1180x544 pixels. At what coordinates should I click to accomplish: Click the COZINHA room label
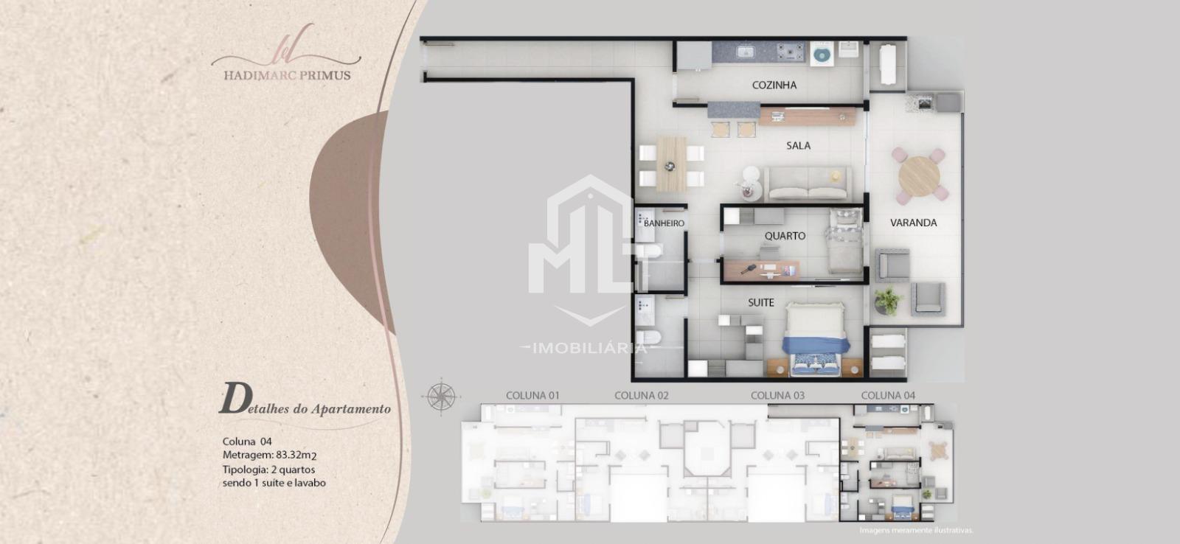(x=774, y=85)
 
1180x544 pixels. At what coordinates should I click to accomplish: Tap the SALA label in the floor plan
(x=798, y=146)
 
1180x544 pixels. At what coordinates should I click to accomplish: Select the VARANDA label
(x=914, y=223)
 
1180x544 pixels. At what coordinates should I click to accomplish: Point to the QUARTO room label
(x=785, y=236)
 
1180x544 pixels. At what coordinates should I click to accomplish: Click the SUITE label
(x=760, y=303)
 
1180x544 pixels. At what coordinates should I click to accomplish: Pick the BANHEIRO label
(x=664, y=223)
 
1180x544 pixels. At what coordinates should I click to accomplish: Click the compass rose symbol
(x=442, y=397)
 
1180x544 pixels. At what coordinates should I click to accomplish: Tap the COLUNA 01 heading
(x=532, y=396)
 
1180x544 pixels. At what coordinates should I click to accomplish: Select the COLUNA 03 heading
(x=777, y=396)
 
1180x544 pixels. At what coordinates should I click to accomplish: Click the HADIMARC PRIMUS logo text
(x=287, y=75)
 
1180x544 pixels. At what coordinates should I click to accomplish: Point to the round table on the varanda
(x=919, y=177)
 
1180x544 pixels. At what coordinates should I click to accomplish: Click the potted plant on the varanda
(x=887, y=301)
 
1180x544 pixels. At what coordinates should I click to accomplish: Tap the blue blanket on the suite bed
(x=816, y=345)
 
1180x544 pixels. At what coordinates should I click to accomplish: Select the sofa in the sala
(x=808, y=184)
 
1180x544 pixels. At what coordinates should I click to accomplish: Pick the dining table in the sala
(x=672, y=164)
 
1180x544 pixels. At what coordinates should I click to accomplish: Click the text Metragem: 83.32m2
(x=269, y=455)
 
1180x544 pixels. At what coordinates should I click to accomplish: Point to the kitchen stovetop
(x=791, y=52)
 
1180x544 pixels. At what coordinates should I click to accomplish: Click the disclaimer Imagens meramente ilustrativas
(x=916, y=530)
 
